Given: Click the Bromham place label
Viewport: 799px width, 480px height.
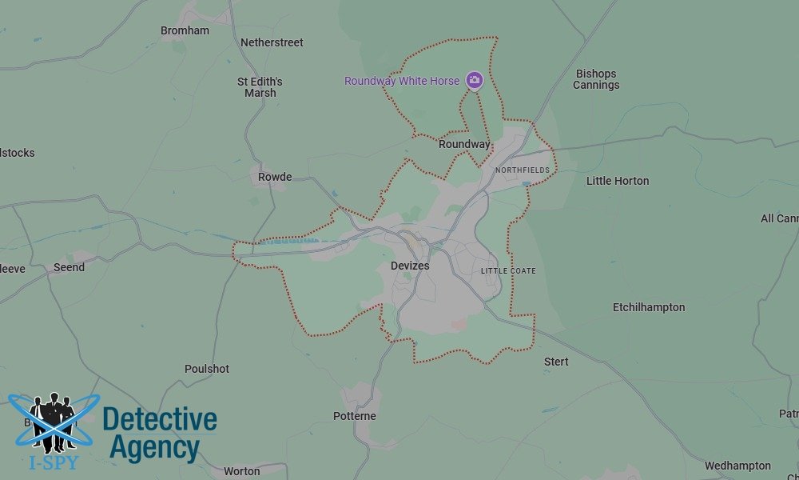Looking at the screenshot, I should pos(185,31).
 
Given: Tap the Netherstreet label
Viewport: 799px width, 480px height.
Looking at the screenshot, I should pos(272,42).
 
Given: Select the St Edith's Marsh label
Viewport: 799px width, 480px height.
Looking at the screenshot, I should pos(260,87).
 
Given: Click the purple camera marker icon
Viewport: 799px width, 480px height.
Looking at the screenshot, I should pos(475,79).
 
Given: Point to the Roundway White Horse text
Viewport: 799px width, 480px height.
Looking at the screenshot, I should pos(402,81).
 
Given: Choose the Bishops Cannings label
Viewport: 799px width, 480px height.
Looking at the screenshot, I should pos(596,79).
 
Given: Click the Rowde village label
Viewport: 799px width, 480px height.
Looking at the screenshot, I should pos(275,177).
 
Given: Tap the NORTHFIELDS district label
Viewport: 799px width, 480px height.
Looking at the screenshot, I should pos(523,170).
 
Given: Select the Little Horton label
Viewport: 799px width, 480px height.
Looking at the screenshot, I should pos(618,181).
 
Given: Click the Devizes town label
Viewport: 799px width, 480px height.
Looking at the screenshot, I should pos(410,266).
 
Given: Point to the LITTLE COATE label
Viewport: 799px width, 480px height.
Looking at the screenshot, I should pos(508,271).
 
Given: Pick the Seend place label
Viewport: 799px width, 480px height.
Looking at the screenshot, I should pos(69,267).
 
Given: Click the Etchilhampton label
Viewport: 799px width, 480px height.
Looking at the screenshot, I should pos(649,307).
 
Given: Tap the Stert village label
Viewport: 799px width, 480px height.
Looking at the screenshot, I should pos(556,362).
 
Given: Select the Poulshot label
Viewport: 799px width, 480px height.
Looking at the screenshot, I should pos(207,369).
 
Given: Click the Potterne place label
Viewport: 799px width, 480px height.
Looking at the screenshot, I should pos(355,416).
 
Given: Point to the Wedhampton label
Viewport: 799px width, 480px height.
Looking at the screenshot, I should pos(737,466).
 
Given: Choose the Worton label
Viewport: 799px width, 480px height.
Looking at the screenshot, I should pos(241,471).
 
